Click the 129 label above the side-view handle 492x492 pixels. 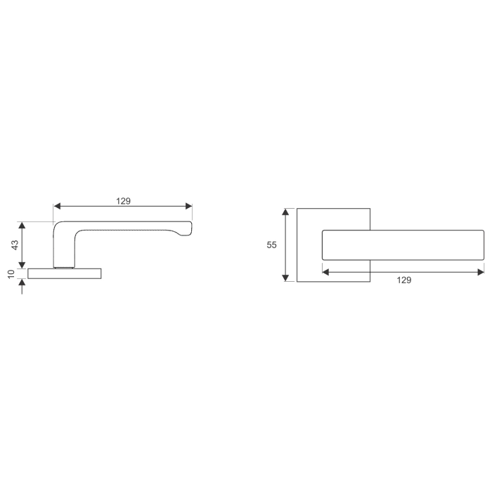pyautogui.click(x=123, y=200)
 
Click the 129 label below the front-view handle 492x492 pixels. pyautogui.click(x=403, y=280)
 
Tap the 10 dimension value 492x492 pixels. pyautogui.click(x=11, y=273)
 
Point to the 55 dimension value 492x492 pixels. pyautogui.click(x=272, y=245)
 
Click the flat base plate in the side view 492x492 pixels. pyautogui.click(x=65, y=273)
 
